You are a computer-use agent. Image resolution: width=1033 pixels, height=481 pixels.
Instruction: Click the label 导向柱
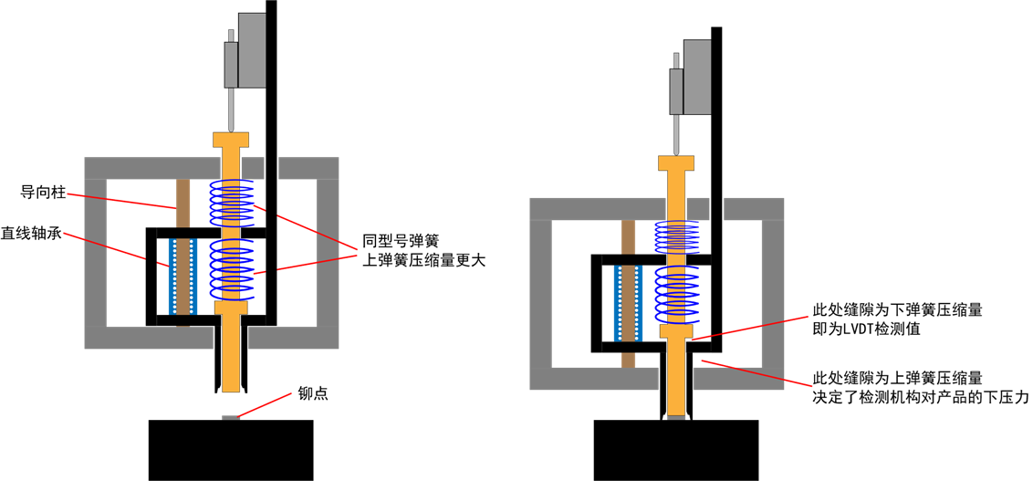click(x=41, y=193)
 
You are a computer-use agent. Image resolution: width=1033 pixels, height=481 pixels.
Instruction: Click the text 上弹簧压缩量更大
click(x=423, y=260)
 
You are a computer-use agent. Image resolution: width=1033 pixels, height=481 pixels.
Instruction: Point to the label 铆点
click(x=313, y=394)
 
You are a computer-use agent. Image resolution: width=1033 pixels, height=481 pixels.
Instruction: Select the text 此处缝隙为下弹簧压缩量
click(x=884, y=310)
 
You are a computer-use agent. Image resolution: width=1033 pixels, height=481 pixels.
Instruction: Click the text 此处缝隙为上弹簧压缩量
click(x=884, y=378)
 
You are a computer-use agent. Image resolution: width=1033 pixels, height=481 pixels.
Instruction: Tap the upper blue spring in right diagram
click(x=679, y=237)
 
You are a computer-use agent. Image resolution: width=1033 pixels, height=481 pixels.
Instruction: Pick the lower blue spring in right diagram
click(x=679, y=296)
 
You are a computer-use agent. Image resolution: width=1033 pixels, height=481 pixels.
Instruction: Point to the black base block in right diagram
click(x=676, y=451)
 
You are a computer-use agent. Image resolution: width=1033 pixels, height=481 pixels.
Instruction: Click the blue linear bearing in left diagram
click(x=183, y=277)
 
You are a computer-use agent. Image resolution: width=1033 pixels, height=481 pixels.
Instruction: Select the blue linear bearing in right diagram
click(x=629, y=304)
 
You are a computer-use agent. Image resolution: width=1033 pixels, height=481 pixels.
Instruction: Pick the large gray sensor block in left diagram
click(x=253, y=50)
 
